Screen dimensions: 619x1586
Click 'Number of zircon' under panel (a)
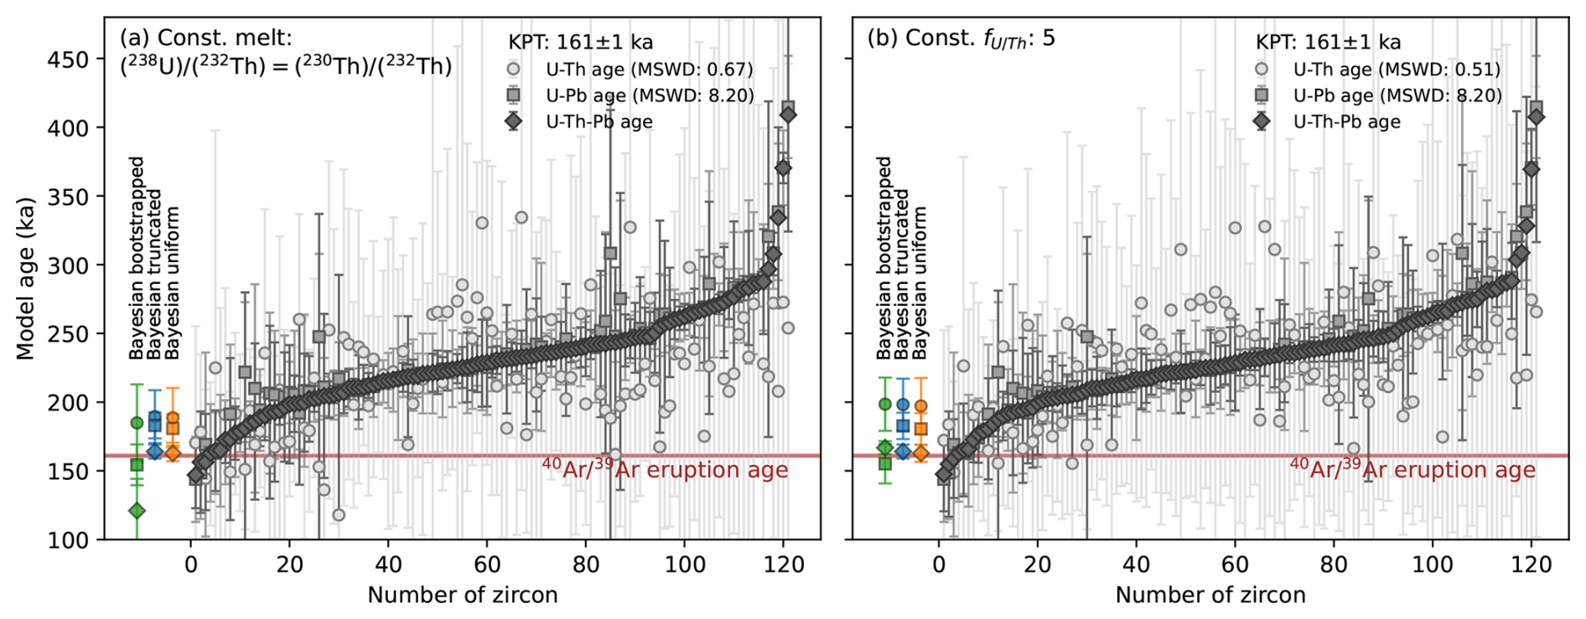(x=462, y=596)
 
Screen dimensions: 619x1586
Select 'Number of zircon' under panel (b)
(x=1210, y=596)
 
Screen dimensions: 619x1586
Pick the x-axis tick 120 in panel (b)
(x=1531, y=565)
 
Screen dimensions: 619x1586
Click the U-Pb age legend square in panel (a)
(x=513, y=95)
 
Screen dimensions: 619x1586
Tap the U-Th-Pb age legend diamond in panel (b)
(x=1261, y=121)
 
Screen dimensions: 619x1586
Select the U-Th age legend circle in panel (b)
(x=1261, y=70)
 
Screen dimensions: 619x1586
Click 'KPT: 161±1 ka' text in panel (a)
(x=580, y=42)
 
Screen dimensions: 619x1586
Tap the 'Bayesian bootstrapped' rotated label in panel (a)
(x=137, y=258)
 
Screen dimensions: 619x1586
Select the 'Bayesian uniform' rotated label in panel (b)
(x=920, y=284)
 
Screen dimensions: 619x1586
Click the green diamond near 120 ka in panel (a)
(x=137, y=510)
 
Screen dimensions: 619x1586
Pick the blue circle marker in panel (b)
(x=903, y=405)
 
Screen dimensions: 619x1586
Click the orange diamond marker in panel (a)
(x=173, y=453)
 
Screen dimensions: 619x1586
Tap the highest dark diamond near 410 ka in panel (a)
(x=788, y=114)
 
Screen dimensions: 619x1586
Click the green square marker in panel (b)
(x=884, y=463)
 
